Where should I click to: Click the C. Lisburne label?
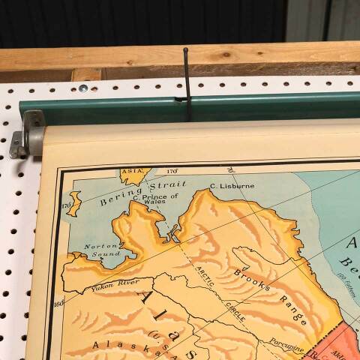pos(232,185)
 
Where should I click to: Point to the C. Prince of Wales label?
pos(155,199)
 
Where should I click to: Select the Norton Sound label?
pos(101,249)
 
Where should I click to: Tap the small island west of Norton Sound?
pos(74,203)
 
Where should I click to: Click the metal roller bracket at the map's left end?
pos(28,134)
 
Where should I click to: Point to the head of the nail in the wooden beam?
pos(184,50)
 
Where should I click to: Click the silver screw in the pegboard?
pos(82,88)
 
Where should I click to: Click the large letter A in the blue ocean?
pos(352,243)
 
